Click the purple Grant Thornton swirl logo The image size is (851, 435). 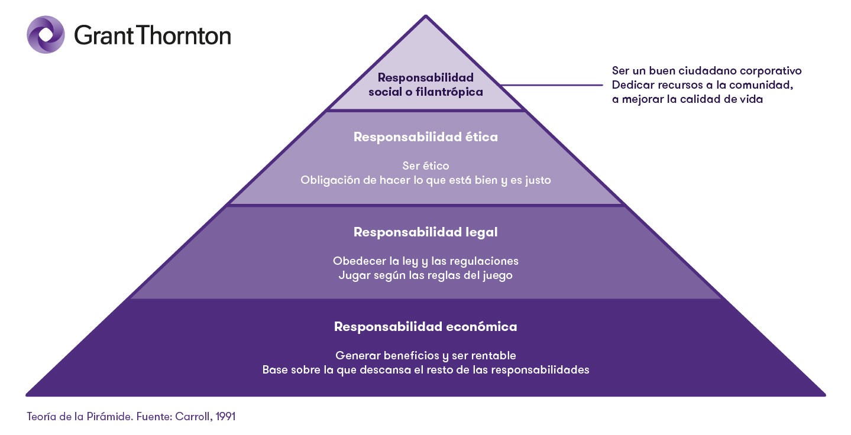(46, 35)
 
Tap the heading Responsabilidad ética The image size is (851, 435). (425, 137)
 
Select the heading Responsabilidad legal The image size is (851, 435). (425, 232)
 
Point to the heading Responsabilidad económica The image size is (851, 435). (425, 327)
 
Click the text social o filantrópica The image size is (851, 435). (425, 92)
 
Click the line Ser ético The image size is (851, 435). (425, 166)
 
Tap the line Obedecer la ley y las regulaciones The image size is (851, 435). (425, 261)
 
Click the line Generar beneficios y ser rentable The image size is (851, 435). (425, 356)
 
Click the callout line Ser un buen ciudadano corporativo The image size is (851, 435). (707, 71)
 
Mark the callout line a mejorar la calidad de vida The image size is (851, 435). (687, 99)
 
